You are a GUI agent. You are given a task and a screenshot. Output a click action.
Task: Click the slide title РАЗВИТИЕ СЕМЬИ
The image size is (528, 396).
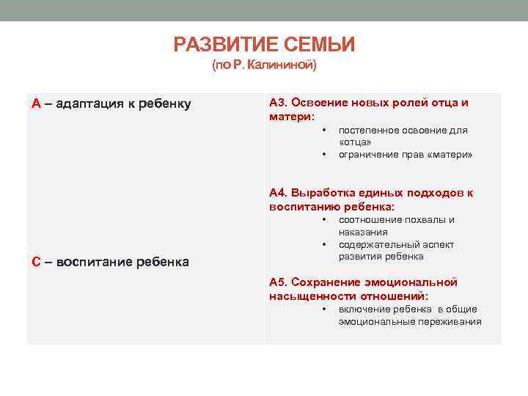264,45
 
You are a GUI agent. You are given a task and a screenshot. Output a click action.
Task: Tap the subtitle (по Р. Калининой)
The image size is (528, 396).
264,66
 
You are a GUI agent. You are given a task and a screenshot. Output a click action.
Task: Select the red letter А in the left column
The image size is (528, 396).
36,103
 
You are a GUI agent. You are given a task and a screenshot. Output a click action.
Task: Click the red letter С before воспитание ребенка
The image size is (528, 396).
36,262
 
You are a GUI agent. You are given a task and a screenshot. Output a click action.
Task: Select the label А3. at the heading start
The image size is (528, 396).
279,103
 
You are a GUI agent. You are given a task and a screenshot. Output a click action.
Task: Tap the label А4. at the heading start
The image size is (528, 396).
279,193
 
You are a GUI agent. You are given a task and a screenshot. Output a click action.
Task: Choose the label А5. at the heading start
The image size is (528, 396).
279,282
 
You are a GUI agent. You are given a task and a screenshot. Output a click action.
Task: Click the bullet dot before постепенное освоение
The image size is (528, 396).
323,131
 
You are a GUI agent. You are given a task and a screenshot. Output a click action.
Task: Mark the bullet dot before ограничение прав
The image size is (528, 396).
323,155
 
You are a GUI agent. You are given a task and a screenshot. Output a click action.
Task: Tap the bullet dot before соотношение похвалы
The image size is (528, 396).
323,220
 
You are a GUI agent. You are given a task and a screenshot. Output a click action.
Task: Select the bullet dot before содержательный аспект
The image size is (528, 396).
323,244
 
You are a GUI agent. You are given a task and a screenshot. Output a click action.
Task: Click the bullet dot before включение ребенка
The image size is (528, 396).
323,309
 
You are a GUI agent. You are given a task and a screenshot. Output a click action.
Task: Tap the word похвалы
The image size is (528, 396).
419,220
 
